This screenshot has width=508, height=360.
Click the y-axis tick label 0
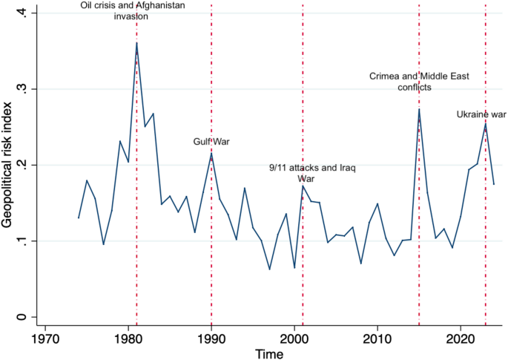pos(24,317)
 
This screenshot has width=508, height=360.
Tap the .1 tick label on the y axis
pos(24,240)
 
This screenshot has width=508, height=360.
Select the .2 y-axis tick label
pos(24,165)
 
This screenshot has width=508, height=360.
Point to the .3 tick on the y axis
pos(24,88)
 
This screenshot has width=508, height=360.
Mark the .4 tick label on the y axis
pos(24,13)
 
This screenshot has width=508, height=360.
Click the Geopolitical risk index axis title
pos(8,165)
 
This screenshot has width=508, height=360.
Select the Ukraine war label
pos(481,114)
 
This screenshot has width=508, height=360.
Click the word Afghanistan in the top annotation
pos(158,6)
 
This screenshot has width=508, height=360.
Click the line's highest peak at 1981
pos(136,43)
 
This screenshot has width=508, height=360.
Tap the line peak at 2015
pos(419,110)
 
